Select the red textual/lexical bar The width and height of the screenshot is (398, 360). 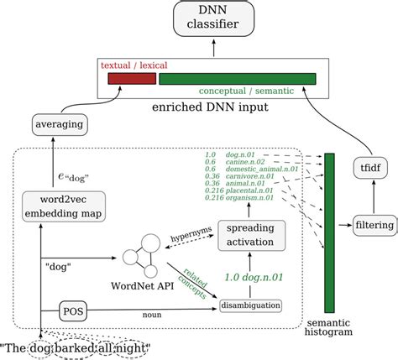[x=133, y=79]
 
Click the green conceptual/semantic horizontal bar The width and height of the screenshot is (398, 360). [x=238, y=79]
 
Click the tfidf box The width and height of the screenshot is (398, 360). [x=368, y=168]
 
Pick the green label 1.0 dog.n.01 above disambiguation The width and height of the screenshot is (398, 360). [x=252, y=276]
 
